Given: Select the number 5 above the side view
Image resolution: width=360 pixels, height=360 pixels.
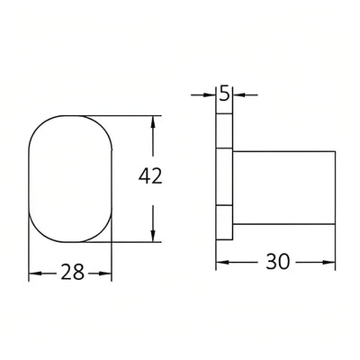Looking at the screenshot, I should pos(224,93).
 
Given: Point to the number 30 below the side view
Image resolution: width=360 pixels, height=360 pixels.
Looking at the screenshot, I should pos(279,263).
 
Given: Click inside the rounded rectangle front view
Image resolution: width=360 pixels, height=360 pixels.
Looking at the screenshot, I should pos(71,178).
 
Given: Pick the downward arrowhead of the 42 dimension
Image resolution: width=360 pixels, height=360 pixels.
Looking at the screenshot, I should pos(155,236).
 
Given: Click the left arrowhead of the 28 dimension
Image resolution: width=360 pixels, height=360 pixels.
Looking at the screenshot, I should pos(35,273).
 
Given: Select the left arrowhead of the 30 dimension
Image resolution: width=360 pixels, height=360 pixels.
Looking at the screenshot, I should pos(222,263).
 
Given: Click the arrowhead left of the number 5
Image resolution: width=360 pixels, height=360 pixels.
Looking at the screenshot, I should pos(212,93).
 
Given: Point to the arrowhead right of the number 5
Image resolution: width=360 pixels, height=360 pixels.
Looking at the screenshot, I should pos(238,93).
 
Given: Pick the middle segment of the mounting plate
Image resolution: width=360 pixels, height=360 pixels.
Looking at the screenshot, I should pos(225,178).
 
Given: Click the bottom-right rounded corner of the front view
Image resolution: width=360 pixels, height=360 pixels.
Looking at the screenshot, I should pos(103,232).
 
